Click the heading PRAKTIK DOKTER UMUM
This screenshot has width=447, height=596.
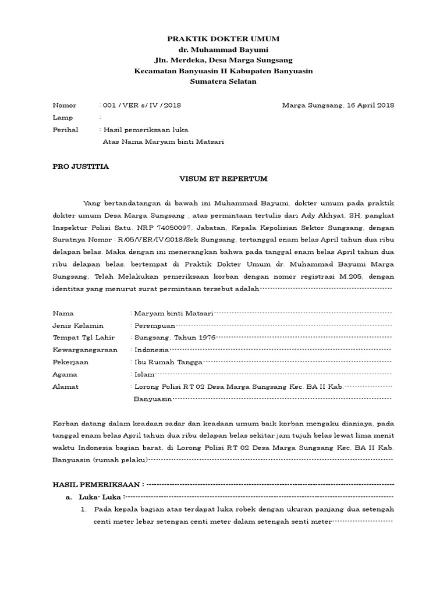[223, 39]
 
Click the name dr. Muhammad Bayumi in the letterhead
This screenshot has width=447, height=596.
[223, 49]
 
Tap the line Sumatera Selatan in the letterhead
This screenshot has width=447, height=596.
[223, 81]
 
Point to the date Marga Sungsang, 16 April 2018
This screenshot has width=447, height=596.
[338, 105]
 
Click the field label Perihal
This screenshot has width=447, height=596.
[65, 129]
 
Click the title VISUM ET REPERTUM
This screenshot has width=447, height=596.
[223, 179]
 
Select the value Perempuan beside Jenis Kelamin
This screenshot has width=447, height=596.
[155, 325]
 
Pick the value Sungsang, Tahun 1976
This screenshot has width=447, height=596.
[175, 337]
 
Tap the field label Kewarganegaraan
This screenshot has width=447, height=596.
[85, 350]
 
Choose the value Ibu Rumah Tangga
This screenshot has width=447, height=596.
[169, 362]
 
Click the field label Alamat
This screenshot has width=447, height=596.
[65, 386]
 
